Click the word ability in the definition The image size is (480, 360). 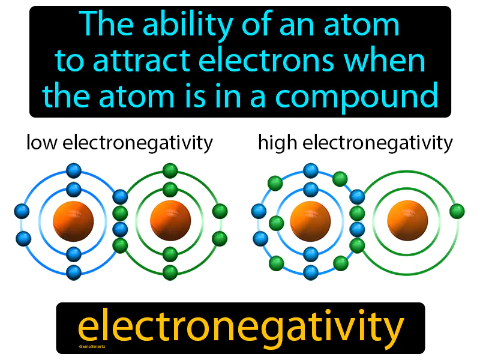tap(188, 25)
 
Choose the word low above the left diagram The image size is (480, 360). tap(42, 143)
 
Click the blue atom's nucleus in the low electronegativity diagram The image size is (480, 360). tap(73, 220)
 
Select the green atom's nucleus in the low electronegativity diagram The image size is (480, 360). tap(170, 220)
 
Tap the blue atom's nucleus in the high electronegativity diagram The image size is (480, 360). tap(310, 220)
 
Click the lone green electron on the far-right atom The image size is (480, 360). tap(457, 211)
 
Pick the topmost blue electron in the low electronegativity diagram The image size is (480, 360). tap(73, 170)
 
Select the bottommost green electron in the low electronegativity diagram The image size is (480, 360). tap(170, 272)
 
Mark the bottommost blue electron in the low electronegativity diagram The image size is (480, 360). tap(73, 272)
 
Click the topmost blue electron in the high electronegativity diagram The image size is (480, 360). tap(310, 170)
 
